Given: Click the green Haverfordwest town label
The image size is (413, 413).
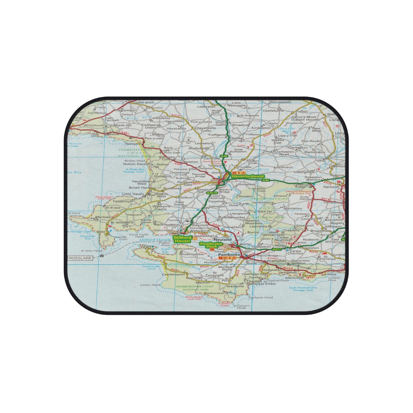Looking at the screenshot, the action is (248, 176).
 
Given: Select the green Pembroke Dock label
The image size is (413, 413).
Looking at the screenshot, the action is (211, 245).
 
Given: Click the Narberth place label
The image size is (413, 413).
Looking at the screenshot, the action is (331, 187).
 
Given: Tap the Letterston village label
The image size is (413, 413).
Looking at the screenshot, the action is (206, 107).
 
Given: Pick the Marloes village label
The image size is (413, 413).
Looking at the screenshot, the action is (103, 217).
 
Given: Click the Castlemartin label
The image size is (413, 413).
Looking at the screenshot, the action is (173, 274).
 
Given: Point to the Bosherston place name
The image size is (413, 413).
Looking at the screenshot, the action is (214, 293).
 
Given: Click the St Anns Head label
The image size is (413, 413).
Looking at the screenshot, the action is (91, 251).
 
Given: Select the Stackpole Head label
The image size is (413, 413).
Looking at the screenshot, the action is (260, 297).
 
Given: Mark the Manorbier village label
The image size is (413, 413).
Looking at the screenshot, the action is (294, 278).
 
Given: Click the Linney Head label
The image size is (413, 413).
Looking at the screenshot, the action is (150, 285).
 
